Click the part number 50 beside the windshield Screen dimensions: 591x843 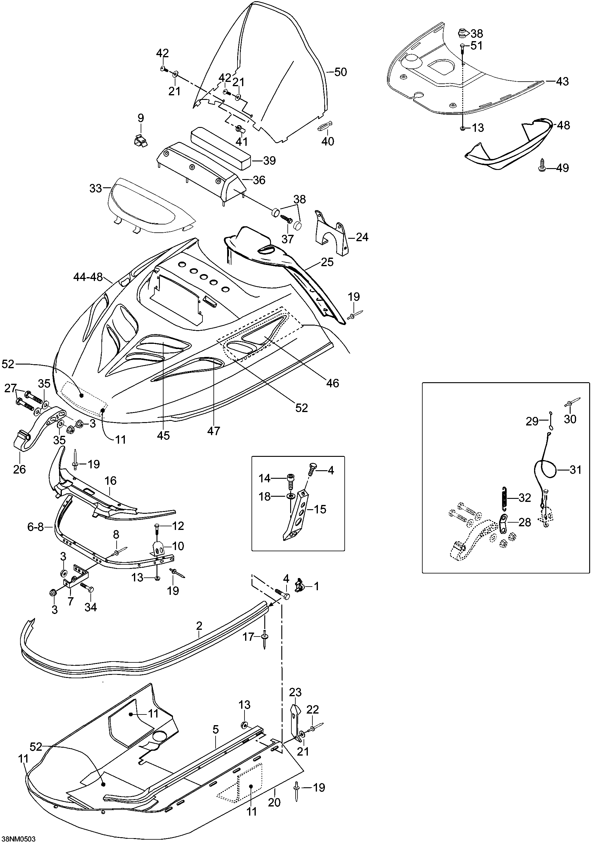pyautogui.click(x=340, y=72)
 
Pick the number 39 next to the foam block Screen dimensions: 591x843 pyautogui.click(x=270, y=160)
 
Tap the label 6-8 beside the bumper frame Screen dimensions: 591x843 pyautogui.click(x=36, y=527)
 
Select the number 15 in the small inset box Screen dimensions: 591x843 pyautogui.click(x=320, y=509)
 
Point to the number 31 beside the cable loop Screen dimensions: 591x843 pyautogui.click(x=575, y=470)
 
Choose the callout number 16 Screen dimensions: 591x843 pyautogui.click(x=111, y=480)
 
